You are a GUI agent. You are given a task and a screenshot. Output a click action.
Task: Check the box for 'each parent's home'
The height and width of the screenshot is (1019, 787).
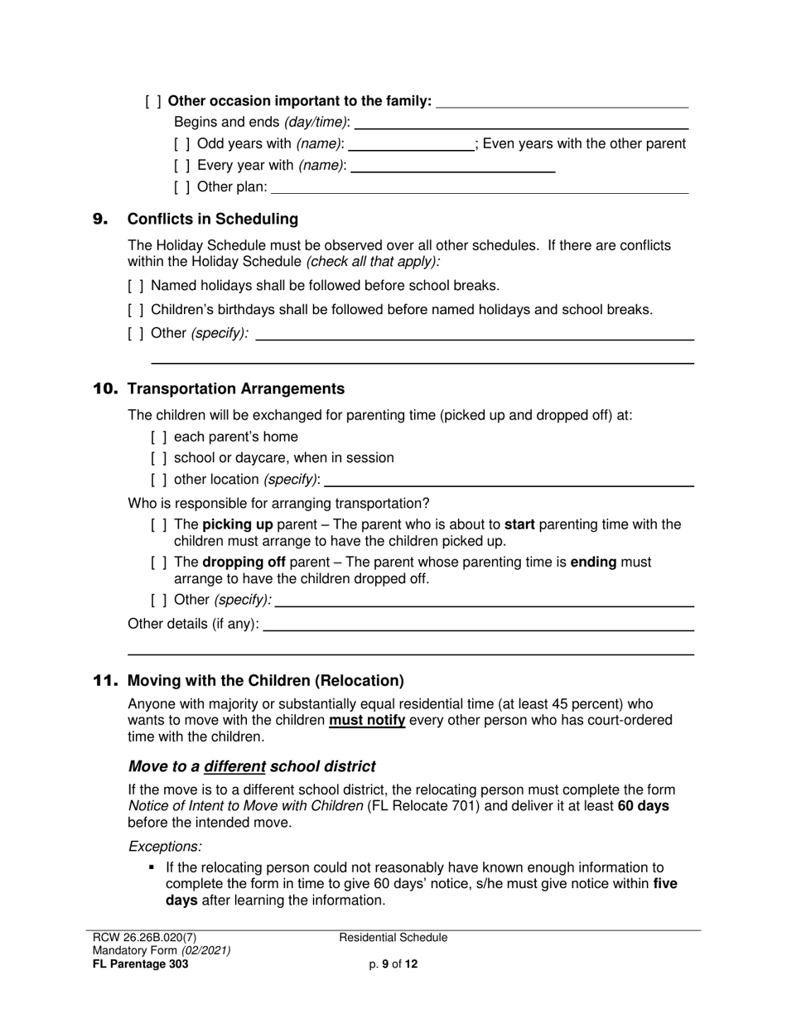[x=159, y=437]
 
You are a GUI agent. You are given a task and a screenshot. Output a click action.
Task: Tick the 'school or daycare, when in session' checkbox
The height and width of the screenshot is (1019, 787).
[x=159, y=458]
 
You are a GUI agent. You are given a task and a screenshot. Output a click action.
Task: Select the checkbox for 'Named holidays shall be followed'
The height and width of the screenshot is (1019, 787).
[x=136, y=287]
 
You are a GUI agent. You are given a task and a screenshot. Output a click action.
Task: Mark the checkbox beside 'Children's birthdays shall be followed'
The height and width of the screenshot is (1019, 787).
[x=136, y=310]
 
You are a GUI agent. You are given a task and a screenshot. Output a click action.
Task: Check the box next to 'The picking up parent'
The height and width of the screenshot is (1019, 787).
[x=159, y=525]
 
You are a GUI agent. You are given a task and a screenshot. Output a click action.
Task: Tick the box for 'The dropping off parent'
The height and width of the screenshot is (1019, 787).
[x=159, y=563]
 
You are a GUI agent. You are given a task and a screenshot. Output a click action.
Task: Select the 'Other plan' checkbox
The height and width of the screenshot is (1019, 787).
[x=181, y=187]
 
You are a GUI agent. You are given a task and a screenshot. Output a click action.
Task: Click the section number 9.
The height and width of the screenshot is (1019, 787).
[x=100, y=220]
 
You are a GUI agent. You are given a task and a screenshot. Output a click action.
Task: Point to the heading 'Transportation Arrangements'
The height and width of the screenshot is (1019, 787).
[x=236, y=389]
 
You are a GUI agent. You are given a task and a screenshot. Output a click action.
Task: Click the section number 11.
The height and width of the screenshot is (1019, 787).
[x=105, y=681]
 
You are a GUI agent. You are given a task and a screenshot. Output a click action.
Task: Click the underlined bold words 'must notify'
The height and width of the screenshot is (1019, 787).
[x=367, y=721]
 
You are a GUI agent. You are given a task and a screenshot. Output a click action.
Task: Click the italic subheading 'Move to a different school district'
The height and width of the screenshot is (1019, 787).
[x=251, y=767]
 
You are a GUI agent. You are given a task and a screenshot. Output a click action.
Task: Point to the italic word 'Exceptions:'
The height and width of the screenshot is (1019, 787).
[x=165, y=847]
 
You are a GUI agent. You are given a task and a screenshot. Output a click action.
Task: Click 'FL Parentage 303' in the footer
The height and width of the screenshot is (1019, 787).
[x=140, y=964]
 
